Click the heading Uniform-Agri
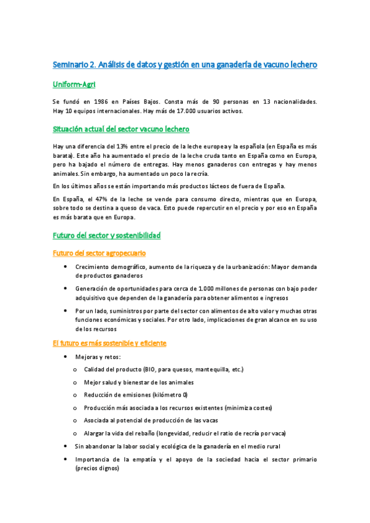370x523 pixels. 74,84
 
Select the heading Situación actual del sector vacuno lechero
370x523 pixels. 120,129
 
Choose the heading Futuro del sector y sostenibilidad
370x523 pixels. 106,236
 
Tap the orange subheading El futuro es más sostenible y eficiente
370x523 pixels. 109,343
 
